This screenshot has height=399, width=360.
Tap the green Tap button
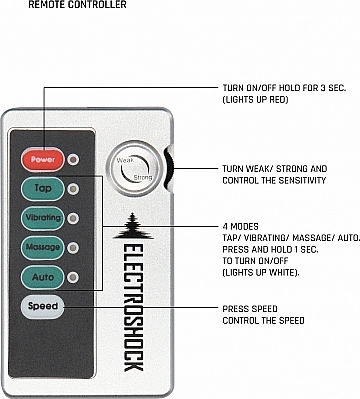(x=42, y=189)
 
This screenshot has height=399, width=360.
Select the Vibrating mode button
(x=42, y=218)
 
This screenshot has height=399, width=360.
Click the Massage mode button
(x=42, y=248)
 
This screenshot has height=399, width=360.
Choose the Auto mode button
(x=42, y=277)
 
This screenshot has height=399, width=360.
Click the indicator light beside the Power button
(x=73, y=160)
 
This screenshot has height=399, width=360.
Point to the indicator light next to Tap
(x=73, y=189)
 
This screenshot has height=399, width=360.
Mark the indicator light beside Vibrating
(x=73, y=218)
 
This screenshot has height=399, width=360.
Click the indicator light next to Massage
(x=73, y=248)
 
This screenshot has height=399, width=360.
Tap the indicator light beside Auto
(x=73, y=277)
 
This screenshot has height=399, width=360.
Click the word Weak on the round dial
(x=125, y=161)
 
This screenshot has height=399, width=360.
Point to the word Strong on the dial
(x=143, y=178)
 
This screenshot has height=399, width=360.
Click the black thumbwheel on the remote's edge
(x=169, y=168)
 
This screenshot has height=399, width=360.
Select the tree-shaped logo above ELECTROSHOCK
(x=133, y=226)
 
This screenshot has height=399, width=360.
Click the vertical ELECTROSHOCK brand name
(x=133, y=308)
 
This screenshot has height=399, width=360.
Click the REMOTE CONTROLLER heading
(x=77, y=5)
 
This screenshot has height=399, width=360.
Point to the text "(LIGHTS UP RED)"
(x=255, y=100)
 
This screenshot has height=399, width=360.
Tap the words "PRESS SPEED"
(x=250, y=309)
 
